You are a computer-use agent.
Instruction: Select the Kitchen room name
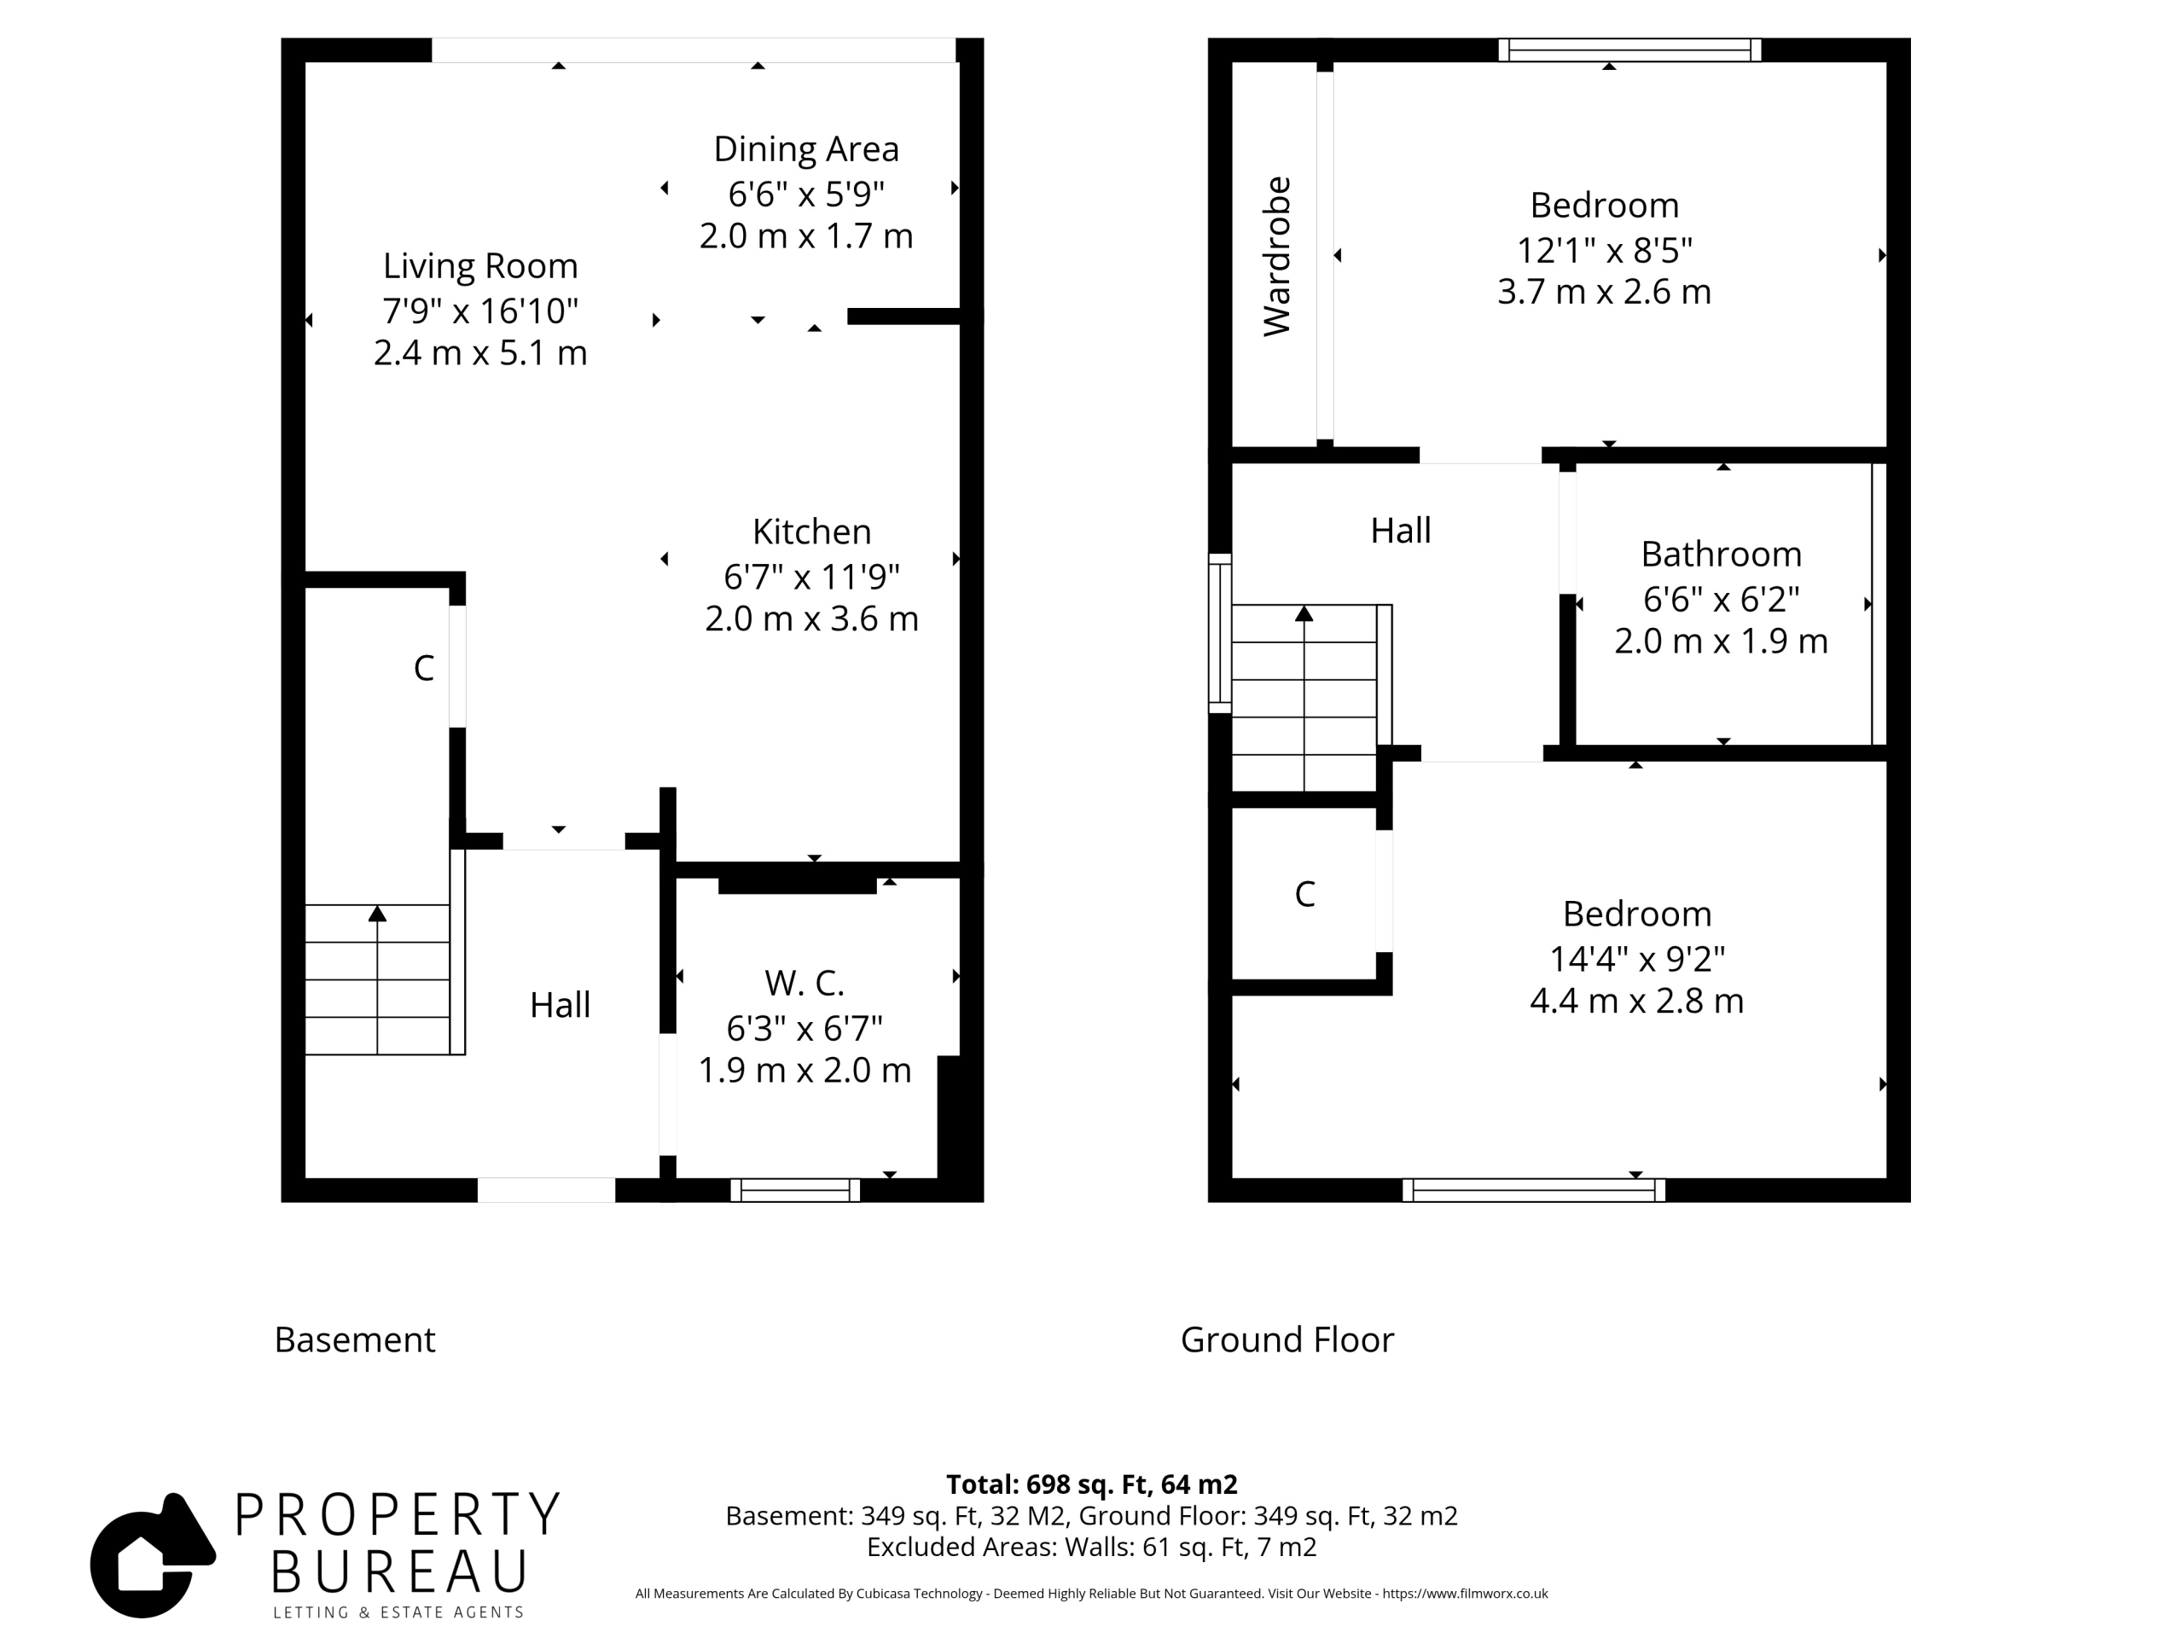coord(811,531)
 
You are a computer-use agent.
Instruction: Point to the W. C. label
coord(804,983)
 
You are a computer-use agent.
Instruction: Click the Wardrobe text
coord(1276,257)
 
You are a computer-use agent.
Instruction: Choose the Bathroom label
coord(1721,554)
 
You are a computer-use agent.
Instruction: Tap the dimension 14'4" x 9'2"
coord(1636,958)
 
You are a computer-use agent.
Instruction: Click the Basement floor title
coord(354,1339)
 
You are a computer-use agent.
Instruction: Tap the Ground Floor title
coord(1287,1339)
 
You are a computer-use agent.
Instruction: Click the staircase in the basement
coord(377,979)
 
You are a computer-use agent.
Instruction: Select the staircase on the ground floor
coord(1304,698)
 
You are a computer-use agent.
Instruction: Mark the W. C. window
coord(795,1190)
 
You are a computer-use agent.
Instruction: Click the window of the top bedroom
coord(1629,49)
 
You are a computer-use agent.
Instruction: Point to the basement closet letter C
coord(423,669)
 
